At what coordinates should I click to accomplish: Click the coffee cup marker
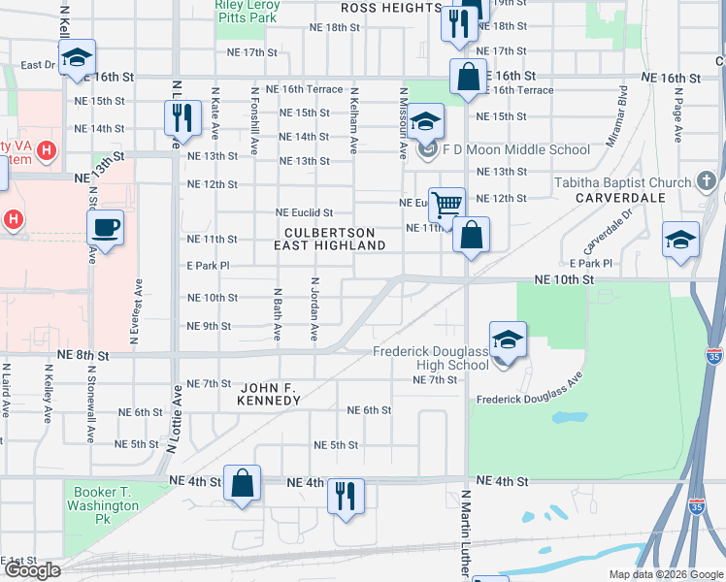(106, 229)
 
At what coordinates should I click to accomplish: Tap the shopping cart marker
(446, 205)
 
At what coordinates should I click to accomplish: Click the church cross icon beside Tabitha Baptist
(706, 181)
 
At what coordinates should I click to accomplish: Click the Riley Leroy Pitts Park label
(247, 11)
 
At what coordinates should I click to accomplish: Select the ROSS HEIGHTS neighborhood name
(391, 8)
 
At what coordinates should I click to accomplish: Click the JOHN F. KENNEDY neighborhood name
(271, 393)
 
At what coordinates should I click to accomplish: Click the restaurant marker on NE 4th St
(346, 497)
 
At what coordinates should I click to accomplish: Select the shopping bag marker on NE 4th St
(243, 483)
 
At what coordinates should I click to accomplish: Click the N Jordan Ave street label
(314, 308)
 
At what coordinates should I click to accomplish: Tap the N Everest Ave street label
(135, 320)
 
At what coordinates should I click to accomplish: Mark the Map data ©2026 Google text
(666, 574)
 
